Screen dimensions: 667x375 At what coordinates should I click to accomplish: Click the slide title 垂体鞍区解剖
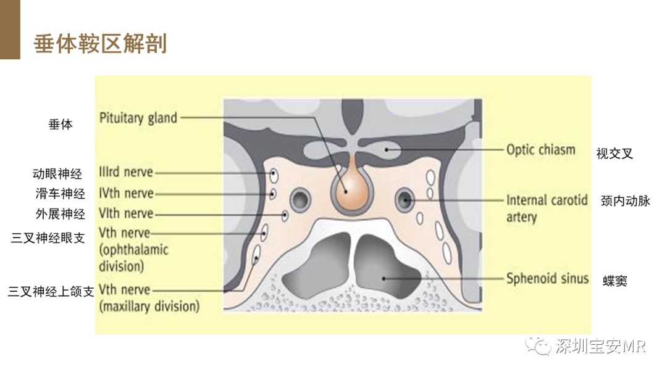point(100,44)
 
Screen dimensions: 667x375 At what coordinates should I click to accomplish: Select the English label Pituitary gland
point(138,118)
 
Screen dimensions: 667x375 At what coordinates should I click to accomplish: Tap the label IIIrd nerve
point(126,172)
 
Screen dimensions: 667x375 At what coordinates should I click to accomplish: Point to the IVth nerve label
point(126,193)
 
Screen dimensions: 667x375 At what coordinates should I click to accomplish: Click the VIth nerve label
point(126,213)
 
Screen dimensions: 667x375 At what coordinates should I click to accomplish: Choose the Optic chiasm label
point(540,150)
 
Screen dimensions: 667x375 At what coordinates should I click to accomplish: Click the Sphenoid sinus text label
point(547,279)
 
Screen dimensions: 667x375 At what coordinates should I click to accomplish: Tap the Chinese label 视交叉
point(615,154)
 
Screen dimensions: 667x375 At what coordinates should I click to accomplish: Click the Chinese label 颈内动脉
point(625,201)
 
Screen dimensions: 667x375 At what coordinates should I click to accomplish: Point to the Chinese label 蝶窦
point(615,281)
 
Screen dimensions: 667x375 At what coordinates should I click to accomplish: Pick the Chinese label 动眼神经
point(57,174)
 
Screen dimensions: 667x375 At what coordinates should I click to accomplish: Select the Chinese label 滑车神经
point(60,194)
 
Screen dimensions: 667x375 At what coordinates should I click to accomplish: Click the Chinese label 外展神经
point(60,214)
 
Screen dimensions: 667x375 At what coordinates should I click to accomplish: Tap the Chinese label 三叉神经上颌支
point(51,291)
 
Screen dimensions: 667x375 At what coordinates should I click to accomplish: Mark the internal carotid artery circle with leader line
point(405,200)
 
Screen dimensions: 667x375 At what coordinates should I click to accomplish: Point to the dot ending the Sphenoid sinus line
point(384,279)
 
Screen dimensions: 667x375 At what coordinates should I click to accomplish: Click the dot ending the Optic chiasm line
point(387,149)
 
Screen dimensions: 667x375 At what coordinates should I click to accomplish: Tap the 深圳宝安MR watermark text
point(600,346)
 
